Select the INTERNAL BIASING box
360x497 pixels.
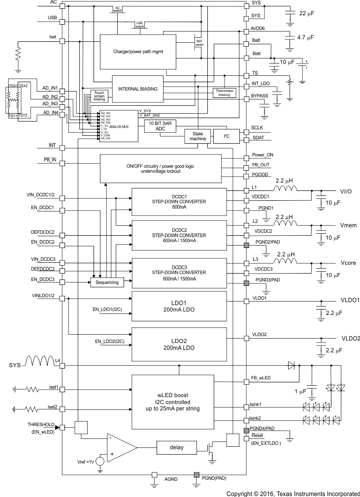pyautogui.click(x=137, y=89)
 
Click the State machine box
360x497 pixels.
pyautogui.click(x=196, y=136)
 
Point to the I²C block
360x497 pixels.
pyautogui.click(x=226, y=135)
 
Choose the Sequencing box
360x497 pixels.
pyautogui.click(x=106, y=283)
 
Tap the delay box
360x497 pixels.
pyautogui.click(x=176, y=448)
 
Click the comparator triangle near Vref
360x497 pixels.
pyautogui.click(x=120, y=448)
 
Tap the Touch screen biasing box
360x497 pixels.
pyautogui.click(x=99, y=96)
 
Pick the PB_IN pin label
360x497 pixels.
pyautogui.click(x=50, y=160)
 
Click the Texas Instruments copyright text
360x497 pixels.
pyautogui.click(x=293, y=494)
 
